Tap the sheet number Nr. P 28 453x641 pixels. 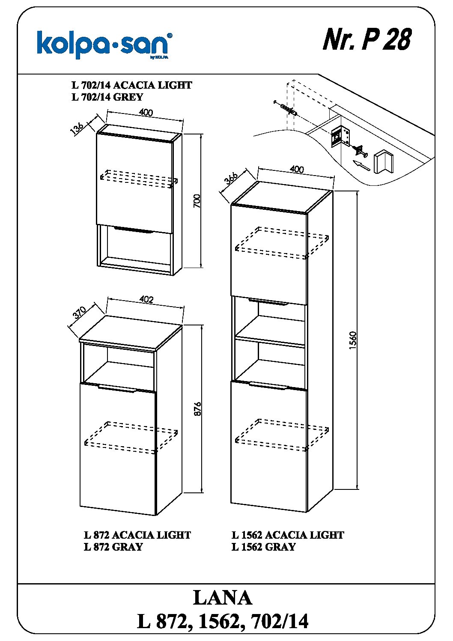pyautogui.click(x=367, y=40)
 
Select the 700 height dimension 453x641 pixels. pyautogui.click(x=197, y=200)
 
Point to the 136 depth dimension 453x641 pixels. pyautogui.click(x=77, y=128)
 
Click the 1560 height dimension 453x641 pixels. pyautogui.click(x=352, y=340)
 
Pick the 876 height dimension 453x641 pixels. pyautogui.click(x=197, y=409)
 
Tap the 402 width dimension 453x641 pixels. pyautogui.click(x=146, y=300)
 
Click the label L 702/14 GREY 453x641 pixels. pyautogui.click(x=107, y=97)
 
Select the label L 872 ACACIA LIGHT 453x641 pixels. pyautogui.click(x=137, y=535)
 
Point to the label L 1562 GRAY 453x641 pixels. pyautogui.click(x=263, y=547)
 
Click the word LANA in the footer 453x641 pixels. pyautogui.click(x=222, y=598)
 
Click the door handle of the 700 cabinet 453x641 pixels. pyautogui.click(x=134, y=230)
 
